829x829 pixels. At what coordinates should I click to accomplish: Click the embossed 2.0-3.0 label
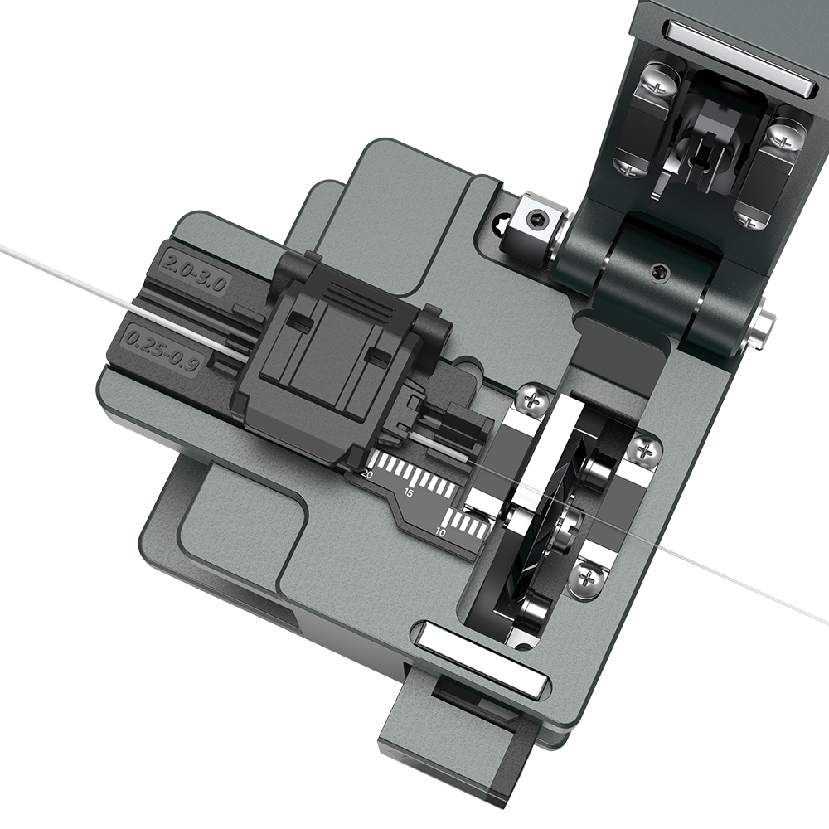click(195, 272)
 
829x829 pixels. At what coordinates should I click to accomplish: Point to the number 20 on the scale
click(367, 474)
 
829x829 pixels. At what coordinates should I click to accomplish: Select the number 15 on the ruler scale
click(409, 493)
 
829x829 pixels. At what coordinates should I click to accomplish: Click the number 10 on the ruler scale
click(441, 532)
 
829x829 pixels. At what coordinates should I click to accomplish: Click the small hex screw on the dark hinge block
click(657, 271)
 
